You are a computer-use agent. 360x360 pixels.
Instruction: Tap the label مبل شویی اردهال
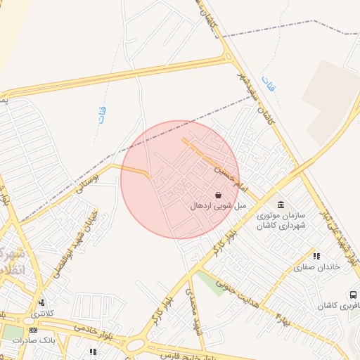tap(218, 206)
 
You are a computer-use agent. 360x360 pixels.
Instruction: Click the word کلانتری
tap(56, 312)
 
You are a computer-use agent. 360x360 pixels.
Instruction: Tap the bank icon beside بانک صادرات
tap(33, 330)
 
